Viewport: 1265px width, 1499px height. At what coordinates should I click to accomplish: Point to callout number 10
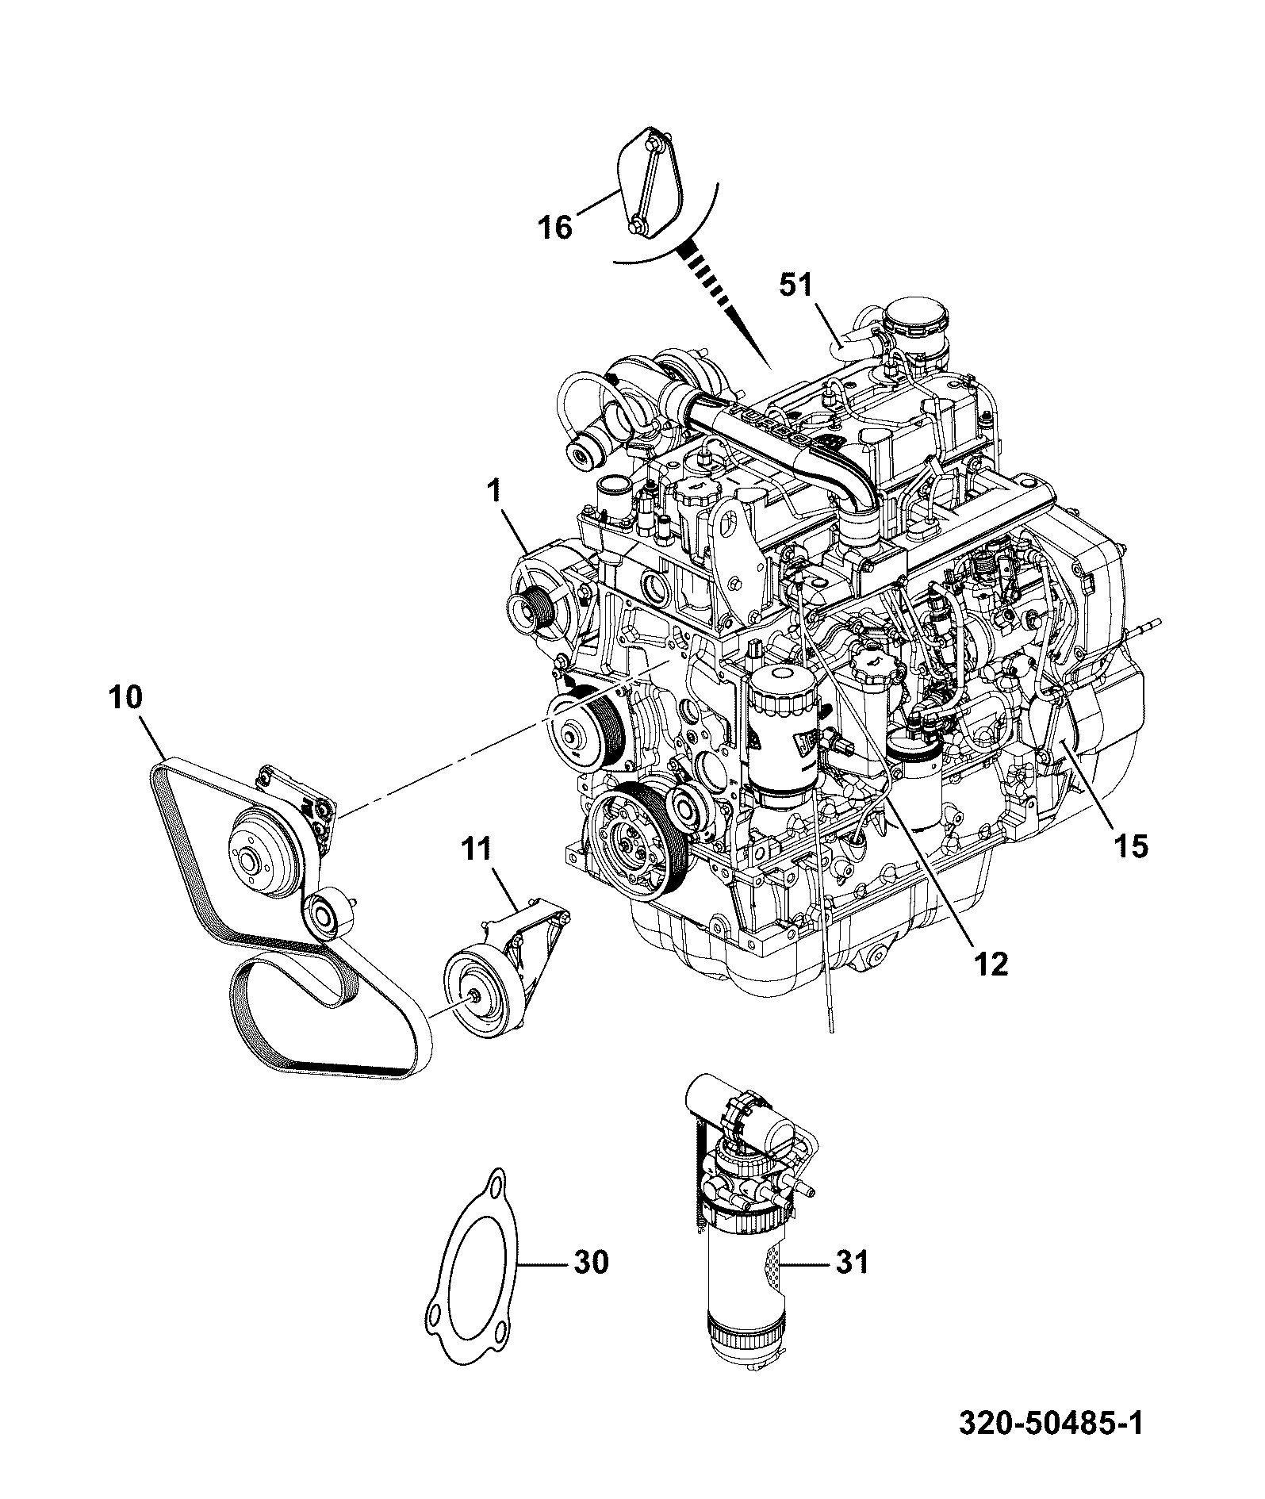[x=126, y=699]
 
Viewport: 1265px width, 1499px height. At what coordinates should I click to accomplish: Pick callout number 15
[x=1129, y=847]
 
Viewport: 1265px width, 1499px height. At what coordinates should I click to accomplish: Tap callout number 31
[x=851, y=1261]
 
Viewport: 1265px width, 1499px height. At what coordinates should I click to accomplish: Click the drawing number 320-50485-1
[x=1052, y=1444]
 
